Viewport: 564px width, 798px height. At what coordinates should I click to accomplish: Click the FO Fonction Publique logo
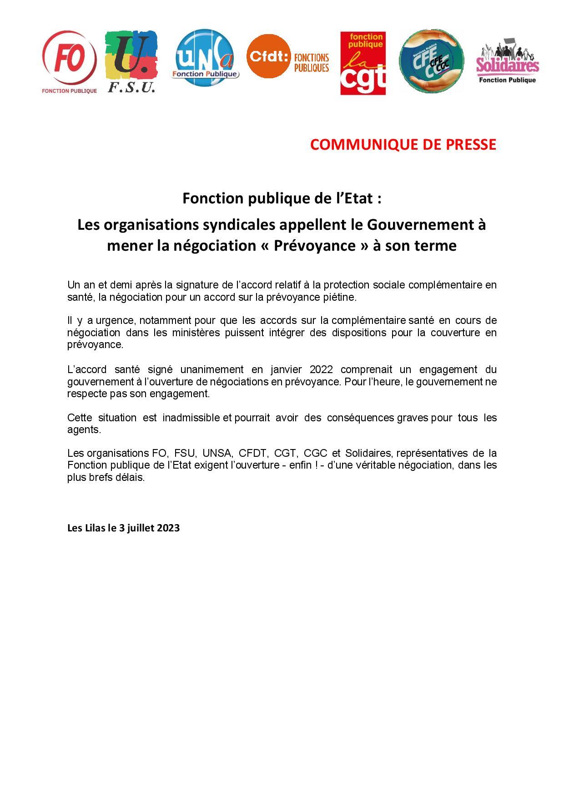click(69, 61)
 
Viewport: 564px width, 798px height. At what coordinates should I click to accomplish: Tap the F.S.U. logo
click(131, 61)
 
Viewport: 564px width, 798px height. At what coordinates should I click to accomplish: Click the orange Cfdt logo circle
click(269, 56)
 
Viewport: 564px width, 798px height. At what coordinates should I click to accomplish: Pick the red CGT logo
click(363, 63)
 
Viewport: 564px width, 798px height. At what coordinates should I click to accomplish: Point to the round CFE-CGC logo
click(431, 61)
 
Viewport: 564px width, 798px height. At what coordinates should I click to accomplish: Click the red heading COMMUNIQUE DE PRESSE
click(403, 144)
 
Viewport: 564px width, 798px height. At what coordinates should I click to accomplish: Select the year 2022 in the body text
click(321, 369)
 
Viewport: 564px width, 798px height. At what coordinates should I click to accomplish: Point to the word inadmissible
click(191, 418)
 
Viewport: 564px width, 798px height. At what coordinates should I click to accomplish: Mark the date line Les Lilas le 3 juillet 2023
click(123, 528)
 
